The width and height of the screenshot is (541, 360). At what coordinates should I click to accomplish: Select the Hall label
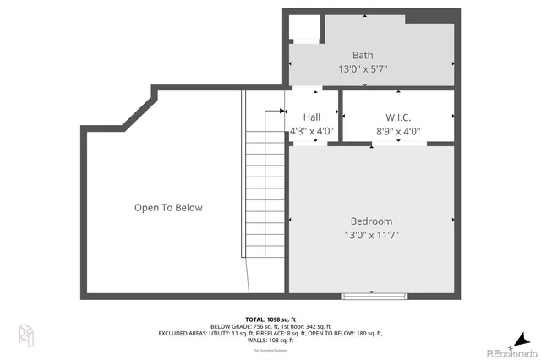coord(311,117)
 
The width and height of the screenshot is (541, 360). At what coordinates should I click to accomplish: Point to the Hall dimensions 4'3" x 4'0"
coord(312,131)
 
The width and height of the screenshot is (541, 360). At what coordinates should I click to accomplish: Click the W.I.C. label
coord(398,117)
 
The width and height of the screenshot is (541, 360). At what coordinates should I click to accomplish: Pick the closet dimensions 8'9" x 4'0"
coord(398,131)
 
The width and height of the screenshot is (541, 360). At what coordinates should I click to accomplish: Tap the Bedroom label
coord(372,221)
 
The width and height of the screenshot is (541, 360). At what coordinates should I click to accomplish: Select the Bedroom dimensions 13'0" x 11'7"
coord(372,235)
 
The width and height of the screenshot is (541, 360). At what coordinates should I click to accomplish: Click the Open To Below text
coord(168,207)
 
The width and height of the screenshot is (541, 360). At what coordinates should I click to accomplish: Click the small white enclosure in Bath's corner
coord(303,29)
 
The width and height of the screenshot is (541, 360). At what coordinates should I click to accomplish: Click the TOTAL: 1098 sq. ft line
coord(270,319)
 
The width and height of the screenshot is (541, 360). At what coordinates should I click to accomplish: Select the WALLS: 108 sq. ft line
coord(270,341)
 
